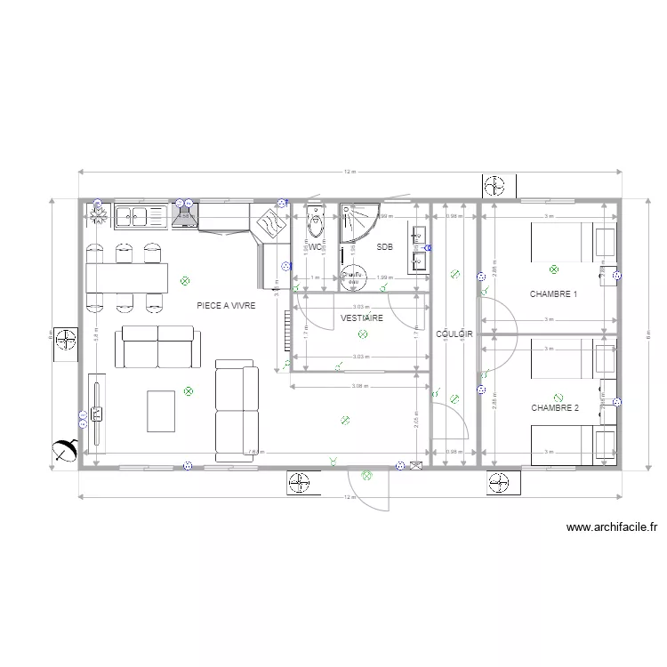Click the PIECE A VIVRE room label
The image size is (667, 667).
tap(226, 305)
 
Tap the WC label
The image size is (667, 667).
tap(315, 246)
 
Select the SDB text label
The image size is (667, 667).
tap(384, 246)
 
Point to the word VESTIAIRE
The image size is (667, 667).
tap(362, 317)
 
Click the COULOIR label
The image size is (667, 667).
tap(454, 334)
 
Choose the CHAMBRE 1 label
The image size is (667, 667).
tap(553, 293)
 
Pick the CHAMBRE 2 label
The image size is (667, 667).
tap(555, 408)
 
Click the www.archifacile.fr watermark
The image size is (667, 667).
tap(612, 527)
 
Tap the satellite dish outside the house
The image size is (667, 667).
tap(63, 451)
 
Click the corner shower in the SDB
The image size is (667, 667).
tap(358, 223)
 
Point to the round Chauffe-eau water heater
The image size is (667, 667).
tap(354, 277)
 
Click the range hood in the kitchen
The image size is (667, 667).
tap(185, 215)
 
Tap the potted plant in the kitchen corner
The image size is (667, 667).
tap(97, 214)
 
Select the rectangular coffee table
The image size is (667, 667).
tap(163, 410)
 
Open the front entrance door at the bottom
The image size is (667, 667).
tap(367, 488)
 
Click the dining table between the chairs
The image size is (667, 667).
tap(126, 277)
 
